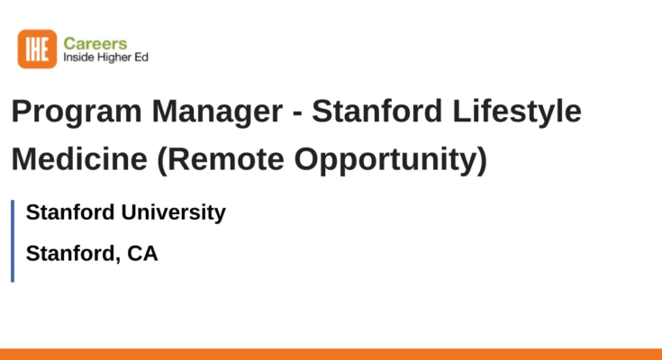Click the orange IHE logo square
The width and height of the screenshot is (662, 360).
click(37, 49)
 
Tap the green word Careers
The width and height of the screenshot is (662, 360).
click(95, 43)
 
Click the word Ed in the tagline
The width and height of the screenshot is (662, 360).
click(141, 57)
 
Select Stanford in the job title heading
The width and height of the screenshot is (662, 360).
click(377, 111)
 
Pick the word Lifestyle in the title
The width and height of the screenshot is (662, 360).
click(517, 112)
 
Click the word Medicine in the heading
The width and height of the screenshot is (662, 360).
click(79, 159)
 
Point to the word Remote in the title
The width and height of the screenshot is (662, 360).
click(221, 160)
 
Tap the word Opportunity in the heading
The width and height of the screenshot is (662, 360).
click(386, 160)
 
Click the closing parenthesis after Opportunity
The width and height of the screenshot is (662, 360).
click(483, 160)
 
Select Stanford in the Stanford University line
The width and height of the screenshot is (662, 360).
click(70, 211)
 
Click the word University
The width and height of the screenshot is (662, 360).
click(174, 212)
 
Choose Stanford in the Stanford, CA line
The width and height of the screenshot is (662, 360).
click(70, 253)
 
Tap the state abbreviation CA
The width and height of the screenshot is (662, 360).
click(142, 254)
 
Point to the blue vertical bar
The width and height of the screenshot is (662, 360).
click(13, 241)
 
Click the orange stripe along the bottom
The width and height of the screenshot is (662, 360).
click(331, 354)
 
